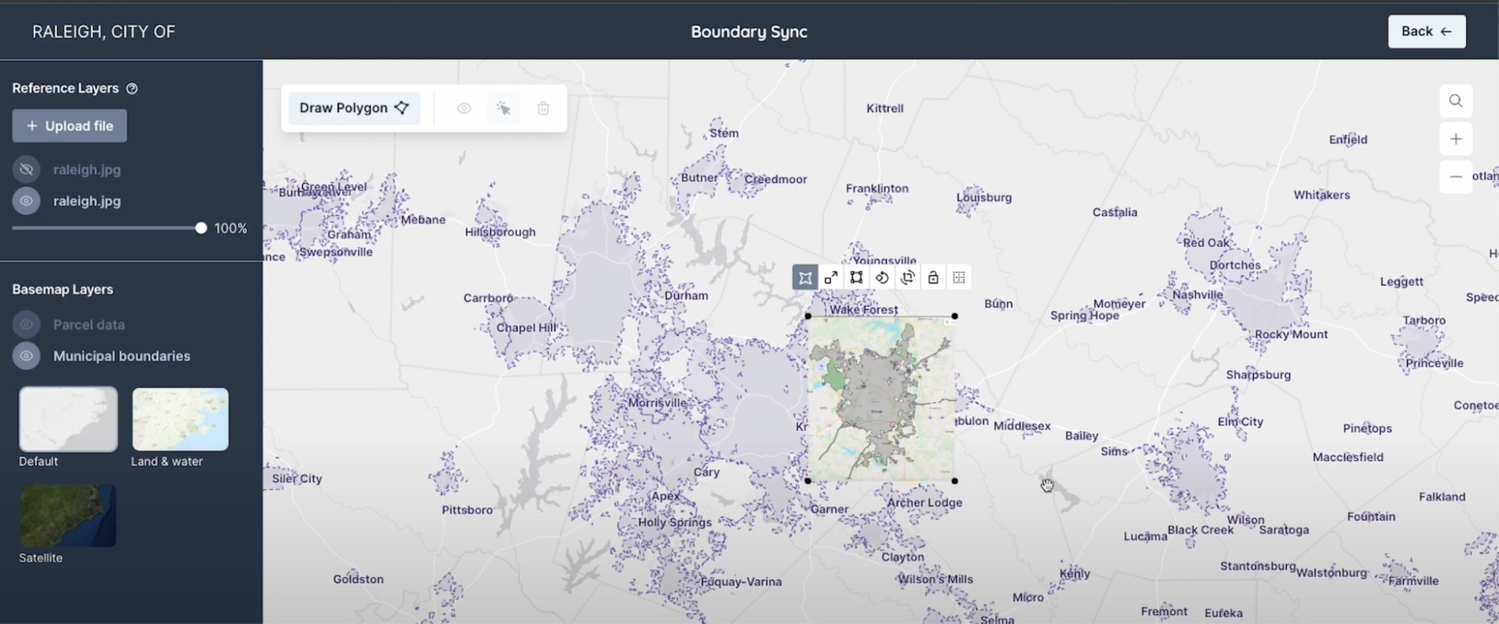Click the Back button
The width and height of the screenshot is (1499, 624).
point(1426,31)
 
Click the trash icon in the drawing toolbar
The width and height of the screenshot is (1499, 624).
point(544,109)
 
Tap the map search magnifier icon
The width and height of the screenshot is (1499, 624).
point(1456,100)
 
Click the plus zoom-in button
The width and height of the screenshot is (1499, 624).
point(1456,139)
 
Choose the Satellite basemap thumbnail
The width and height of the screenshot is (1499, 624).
point(68,516)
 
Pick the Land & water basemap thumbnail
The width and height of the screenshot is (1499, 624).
point(181,419)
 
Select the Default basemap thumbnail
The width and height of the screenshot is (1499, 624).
point(68,419)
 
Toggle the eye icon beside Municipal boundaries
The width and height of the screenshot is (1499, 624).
point(26,355)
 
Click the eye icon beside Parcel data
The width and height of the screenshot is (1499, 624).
point(26,324)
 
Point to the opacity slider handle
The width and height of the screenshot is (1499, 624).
point(201,228)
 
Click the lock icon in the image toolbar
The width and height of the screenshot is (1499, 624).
point(933,277)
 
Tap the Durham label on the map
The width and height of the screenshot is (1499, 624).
point(686,295)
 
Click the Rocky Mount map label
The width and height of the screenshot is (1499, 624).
point(1291,334)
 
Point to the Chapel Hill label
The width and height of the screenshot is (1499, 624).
point(526,328)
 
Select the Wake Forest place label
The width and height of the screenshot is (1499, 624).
point(863,309)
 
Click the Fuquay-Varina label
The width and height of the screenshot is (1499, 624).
point(741,581)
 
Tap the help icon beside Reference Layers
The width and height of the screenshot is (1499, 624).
point(132,88)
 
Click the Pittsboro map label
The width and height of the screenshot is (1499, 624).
point(467,510)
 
